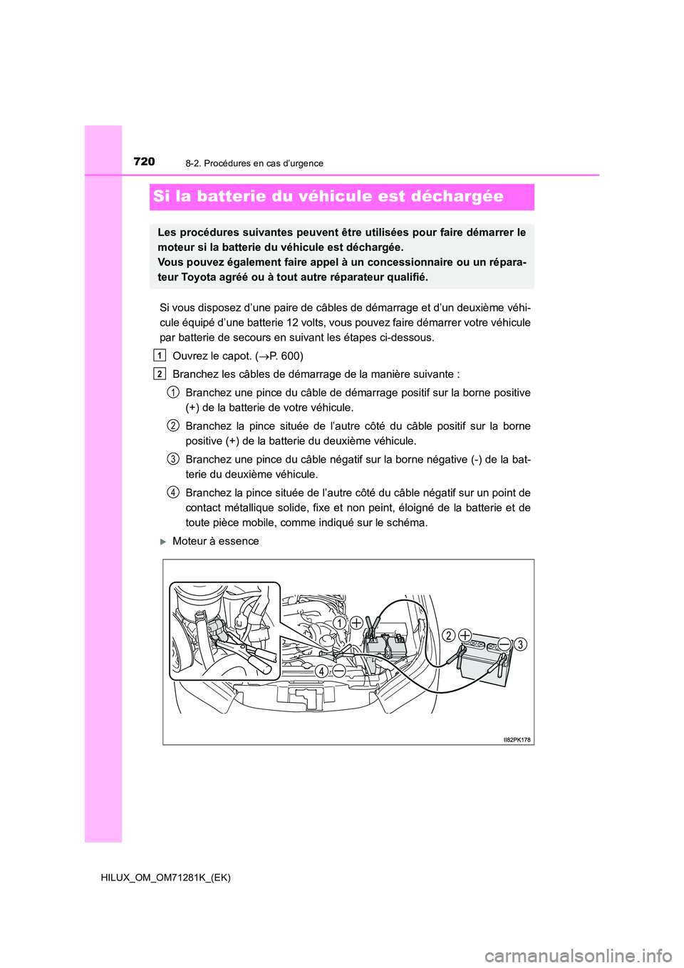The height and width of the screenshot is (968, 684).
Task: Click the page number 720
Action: (x=144, y=162)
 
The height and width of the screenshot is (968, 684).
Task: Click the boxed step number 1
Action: (x=160, y=356)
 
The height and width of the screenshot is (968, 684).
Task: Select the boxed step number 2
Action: (x=160, y=374)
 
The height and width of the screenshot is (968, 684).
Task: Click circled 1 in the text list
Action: (x=173, y=393)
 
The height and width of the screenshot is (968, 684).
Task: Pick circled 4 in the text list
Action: (x=173, y=493)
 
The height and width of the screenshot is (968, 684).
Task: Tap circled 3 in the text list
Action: (x=173, y=459)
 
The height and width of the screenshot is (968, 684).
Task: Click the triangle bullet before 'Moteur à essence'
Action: (x=163, y=542)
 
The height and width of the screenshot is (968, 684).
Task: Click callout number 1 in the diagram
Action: (x=340, y=623)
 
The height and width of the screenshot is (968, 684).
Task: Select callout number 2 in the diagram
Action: (x=449, y=636)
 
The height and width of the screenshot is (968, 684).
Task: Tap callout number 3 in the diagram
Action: (x=520, y=644)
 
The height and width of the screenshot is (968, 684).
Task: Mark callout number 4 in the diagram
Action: (x=322, y=671)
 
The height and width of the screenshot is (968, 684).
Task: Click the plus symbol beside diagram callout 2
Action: (x=465, y=635)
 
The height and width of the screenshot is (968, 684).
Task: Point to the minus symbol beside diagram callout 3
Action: (x=504, y=644)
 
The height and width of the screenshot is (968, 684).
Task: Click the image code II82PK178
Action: (x=517, y=740)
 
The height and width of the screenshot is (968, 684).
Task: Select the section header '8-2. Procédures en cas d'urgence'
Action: (x=254, y=163)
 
